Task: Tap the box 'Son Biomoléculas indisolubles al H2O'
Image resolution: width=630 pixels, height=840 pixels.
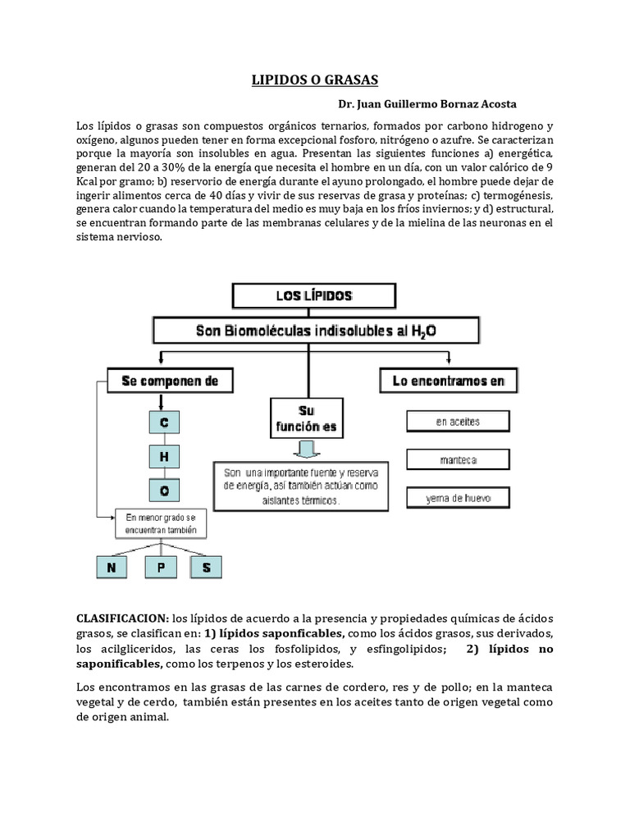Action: click(x=314, y=331)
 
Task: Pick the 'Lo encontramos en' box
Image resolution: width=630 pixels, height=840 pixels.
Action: click(x=448, y=381)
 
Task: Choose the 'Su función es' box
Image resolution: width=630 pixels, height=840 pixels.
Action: click(x=307, y=418)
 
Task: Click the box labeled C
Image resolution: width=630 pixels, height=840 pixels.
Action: click(x=163, y=422)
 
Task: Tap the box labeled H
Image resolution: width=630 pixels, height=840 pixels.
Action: click(x=163, y=457)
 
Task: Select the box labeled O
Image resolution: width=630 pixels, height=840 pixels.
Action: click(x=163, y=491)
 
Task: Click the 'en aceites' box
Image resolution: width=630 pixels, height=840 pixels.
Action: click(x=458, y=422)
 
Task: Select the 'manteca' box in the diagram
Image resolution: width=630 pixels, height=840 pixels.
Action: click(x=458, y=459)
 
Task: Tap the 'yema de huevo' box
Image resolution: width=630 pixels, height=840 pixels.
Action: click(x=458, y=497)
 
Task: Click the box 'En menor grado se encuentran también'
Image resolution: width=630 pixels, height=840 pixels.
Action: click(x=161, y=524)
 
